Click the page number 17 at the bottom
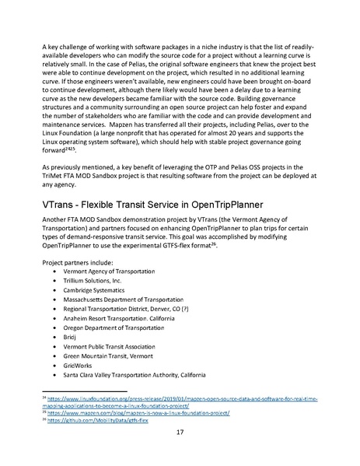coord(180,433)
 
